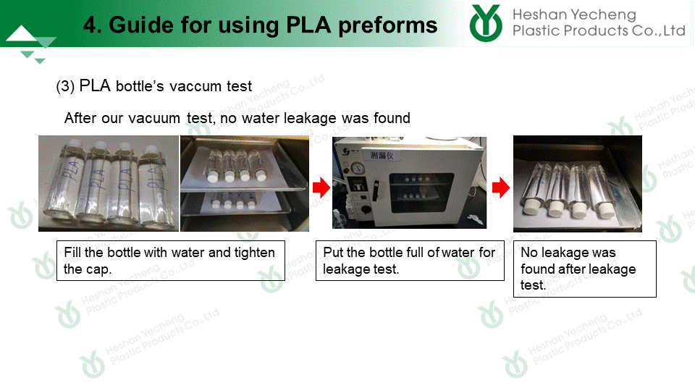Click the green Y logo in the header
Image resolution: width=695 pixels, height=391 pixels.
click(x=486, y=23)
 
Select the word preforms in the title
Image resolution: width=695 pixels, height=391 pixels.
click(x=388, y=26)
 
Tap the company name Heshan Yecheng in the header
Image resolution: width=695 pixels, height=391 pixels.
click(x=574, y=14)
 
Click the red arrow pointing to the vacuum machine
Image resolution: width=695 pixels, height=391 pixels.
click(x=321, y=188)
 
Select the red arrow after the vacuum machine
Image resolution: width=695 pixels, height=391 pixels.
click(x=501, y=188)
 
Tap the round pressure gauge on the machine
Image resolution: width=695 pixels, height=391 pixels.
click(x=358, y=168)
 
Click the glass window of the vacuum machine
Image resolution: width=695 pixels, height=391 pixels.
click(x=421, y=193)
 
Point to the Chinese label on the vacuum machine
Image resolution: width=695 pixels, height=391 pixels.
click(x=382, y=155)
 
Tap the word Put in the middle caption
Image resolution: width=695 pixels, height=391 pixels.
click(x=333, y=252)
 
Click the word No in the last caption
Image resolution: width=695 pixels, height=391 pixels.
click(x=529, y=252)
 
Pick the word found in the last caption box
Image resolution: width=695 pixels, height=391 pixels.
click(x=537, y=269)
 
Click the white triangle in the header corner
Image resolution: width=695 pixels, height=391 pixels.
click(x=21, y=34)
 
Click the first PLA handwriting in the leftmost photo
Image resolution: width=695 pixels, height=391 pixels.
click(x=71, y=172)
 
